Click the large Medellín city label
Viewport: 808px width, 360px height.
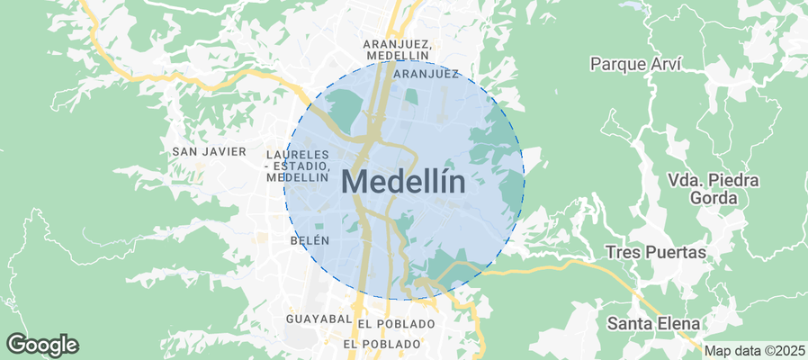point(404,183)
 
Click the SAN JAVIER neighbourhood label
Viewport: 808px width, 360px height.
point(209,151)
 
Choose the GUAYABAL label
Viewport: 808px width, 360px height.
point(318,319)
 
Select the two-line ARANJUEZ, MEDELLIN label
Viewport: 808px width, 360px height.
point(397,49)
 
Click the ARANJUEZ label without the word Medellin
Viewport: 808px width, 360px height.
point(426,74)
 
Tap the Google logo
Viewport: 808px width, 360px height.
point(42,345)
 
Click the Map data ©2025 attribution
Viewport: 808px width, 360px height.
point(754,351)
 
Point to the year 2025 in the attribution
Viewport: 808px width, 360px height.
point(788,351)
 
